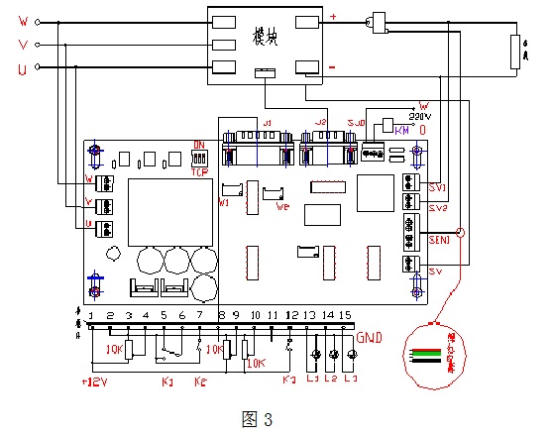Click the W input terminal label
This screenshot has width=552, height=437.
pos(23,21)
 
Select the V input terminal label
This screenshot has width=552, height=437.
pos(23,45)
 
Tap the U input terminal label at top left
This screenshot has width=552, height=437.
pos(23,67)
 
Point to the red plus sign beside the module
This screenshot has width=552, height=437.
pos(332,17)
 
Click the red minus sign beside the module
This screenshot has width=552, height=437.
pos(332,67)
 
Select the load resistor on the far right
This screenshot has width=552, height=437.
pos(513,52)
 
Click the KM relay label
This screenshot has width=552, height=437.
pos(401,130)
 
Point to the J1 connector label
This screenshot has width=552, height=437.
pos(266,122)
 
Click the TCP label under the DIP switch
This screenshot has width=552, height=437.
pos(199,169)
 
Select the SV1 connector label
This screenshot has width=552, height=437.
pos(437,187)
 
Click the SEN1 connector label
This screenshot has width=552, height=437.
pos(439,239)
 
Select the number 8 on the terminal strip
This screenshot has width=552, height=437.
pos(220,314)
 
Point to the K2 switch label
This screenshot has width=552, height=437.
pos(200,381)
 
